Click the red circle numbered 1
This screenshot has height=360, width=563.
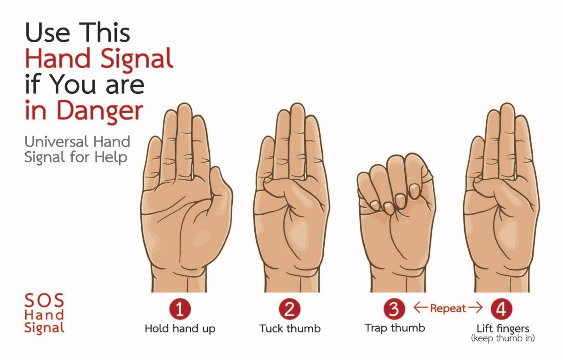coord(180,309)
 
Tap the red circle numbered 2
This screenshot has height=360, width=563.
coord(289,309)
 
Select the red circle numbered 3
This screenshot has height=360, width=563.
coord(394,309)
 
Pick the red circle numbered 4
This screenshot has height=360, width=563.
coord(502,309)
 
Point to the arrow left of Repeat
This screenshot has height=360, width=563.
coord(420,308)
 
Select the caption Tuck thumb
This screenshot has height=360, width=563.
coord(290,329)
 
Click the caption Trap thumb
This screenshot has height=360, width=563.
coord(395,328)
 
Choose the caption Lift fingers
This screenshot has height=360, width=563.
coord(503,329)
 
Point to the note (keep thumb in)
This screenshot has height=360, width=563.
coord(503,338)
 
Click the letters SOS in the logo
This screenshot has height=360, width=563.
coord(44,300)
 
